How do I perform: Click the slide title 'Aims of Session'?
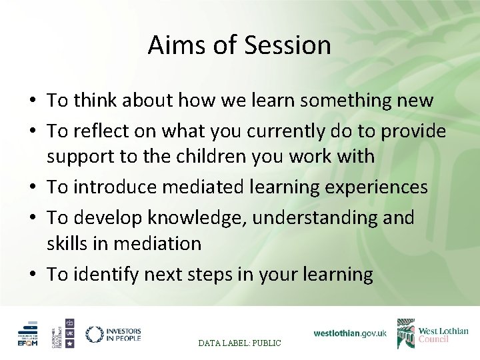(239, 45)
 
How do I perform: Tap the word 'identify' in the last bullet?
(107, 273)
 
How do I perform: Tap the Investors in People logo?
(113, 333)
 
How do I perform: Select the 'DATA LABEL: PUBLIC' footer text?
(240, 343)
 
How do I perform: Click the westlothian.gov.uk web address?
(350, 333)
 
